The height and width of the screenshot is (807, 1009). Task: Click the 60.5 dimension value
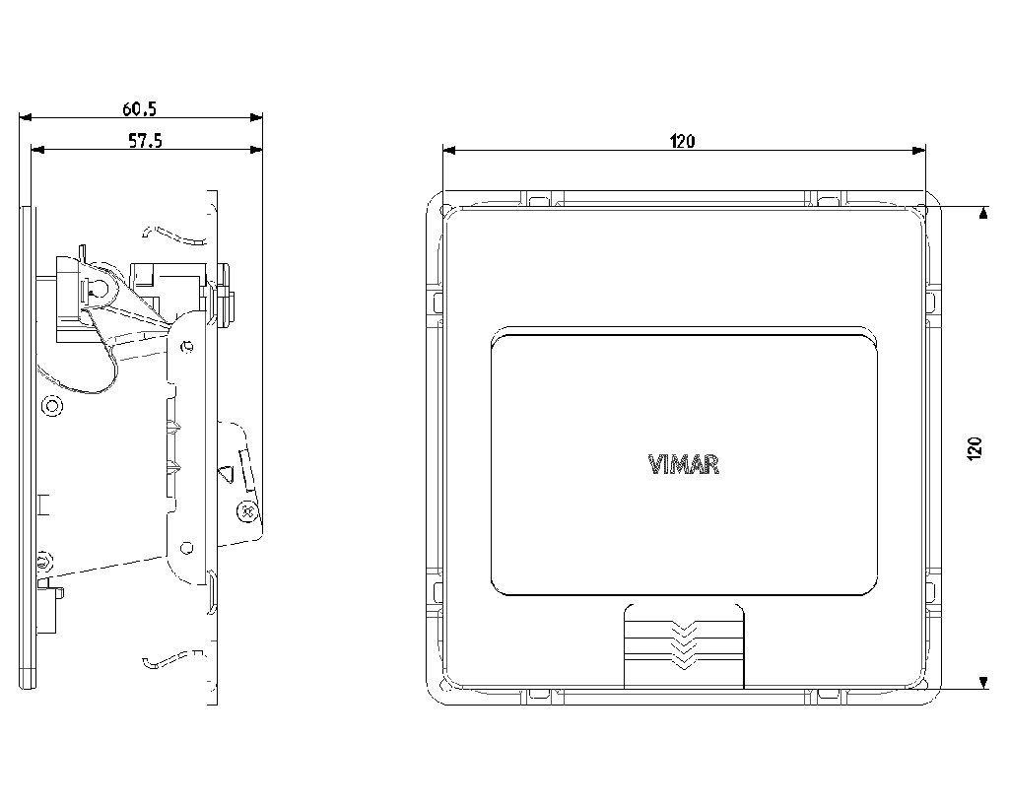coord(140,108)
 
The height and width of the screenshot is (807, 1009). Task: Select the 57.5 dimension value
coord(146,140)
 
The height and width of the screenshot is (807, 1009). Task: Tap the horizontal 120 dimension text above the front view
coord(682,141)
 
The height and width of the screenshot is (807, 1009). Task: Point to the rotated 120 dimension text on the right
coord(975,448)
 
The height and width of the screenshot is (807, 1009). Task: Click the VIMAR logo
coord(684,465)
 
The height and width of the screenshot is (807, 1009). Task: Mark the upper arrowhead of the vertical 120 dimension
coord(982,213)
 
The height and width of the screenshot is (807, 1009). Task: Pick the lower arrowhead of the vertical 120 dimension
coord(982,683)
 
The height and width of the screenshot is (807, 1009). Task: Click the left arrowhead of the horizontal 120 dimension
coord(449,150)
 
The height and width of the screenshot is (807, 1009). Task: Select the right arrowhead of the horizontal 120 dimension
coord(919,150)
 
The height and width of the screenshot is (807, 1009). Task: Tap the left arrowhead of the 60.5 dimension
coord(25,117)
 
